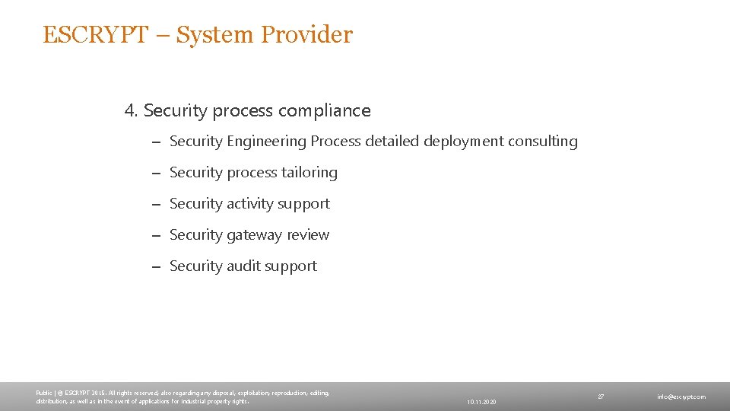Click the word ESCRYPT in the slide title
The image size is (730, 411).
[x=94, y=35]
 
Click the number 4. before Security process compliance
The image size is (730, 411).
[x=132, y=111]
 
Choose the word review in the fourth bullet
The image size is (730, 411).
[x=308, y=235]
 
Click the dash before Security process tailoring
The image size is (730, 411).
[x=154, y=174]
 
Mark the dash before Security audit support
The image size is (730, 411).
[x=154, y=267]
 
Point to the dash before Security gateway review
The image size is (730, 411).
[x=154, y=236]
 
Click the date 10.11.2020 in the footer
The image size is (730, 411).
[x=481, y=401]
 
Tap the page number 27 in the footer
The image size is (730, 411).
[x=601, y=397]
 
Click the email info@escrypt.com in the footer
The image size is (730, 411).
[x=681, y=397]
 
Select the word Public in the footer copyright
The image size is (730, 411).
[x=43, y=393]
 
